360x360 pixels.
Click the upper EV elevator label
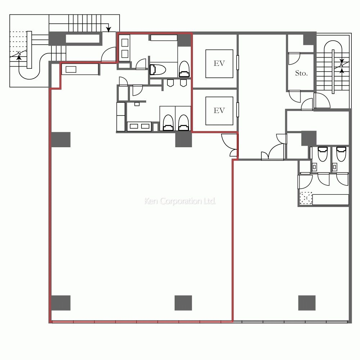(219, 63)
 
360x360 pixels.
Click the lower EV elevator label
(219, 111)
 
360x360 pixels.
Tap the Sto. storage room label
(301, 73)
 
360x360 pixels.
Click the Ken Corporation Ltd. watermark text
(180, 201)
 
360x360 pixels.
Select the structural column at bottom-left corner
(60, 303)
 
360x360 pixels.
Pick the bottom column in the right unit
(307, 303)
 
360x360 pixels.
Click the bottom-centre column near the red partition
(183, 303)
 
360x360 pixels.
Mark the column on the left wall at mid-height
(60, 140)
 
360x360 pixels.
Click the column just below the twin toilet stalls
(184, 140)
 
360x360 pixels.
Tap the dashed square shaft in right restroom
(306, 198)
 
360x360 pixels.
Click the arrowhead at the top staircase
(108, 29)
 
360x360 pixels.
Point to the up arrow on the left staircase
(19, 57)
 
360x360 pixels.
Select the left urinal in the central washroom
(170, 83)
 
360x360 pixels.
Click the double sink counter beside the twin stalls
(139, 126)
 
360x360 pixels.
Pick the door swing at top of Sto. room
(294, 59)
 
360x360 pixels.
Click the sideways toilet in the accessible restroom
(158, 69)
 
